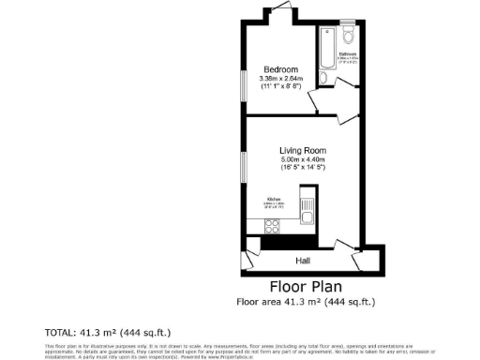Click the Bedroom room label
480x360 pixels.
point(281,70)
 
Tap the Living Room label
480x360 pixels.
point(302,150)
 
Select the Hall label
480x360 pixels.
point(303,260)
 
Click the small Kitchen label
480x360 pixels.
point(275,200)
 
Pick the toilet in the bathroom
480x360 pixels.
point(348,36)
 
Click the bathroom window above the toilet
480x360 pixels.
point(348,22)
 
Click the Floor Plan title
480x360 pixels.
point(306,286)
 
